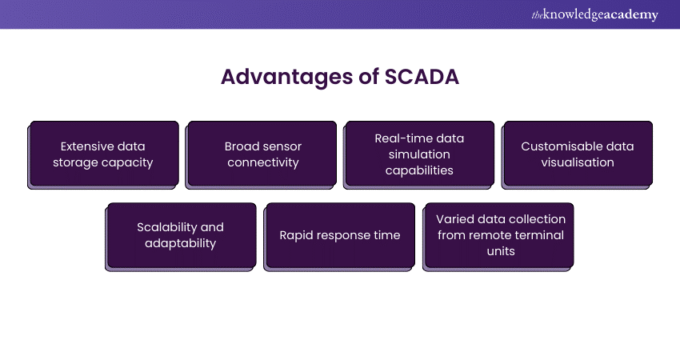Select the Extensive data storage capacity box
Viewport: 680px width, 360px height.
point(104,154)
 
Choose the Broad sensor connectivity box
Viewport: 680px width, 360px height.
point(262,154)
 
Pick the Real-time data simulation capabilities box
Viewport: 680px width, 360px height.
point(419,154)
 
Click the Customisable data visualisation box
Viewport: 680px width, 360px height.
point(577,154)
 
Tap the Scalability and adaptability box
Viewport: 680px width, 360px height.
point(182,235)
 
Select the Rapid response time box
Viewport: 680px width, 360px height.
point(340,235)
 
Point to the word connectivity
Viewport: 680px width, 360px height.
point(262,162)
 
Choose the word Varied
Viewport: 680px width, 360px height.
point(454,219)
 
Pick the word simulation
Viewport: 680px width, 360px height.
point(420,154)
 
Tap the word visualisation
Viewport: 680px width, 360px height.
point(577,162)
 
